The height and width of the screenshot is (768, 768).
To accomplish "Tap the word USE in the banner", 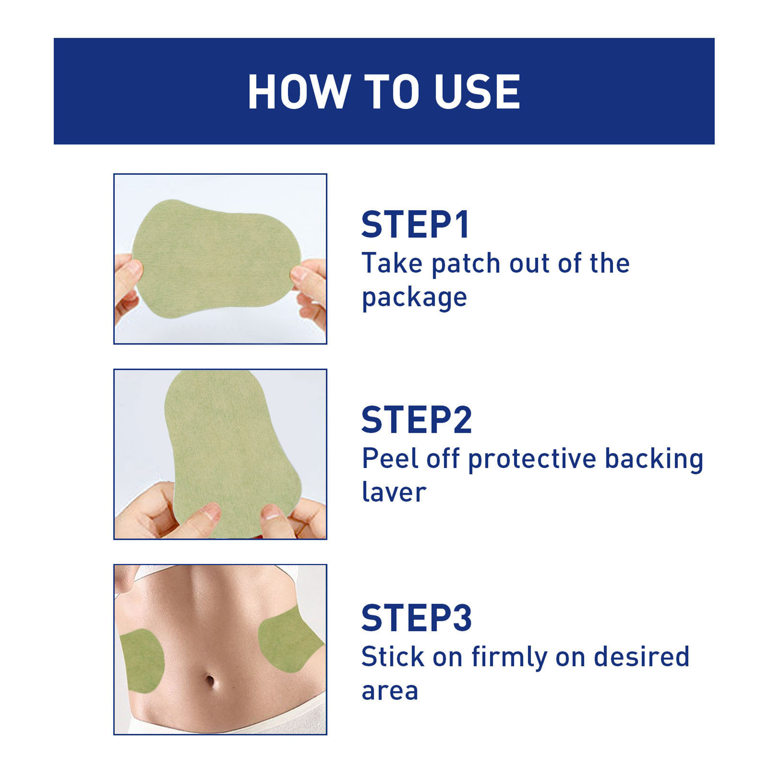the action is (477, 92).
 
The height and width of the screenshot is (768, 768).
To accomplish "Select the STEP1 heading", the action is (415, 224).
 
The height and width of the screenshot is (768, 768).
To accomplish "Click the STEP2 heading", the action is (417, 420).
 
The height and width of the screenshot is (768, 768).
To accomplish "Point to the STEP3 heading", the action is (417, 618).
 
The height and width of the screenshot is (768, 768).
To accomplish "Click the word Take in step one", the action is (391, 263).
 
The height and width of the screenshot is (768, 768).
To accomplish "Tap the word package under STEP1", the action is (414, 298).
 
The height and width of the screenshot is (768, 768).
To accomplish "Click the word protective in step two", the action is (532, 460).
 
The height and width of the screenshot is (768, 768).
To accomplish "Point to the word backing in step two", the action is (654, 460).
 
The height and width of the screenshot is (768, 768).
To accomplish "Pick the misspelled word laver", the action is (394, 493).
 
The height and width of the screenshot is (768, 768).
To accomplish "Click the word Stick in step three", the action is (393, 656).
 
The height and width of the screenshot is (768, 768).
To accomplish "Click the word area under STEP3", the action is (390, 691).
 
